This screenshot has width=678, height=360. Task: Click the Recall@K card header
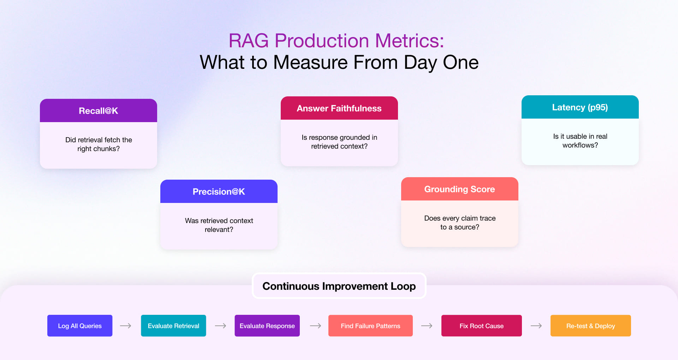(x=98, y=111)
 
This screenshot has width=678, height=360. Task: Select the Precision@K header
(x=219, y=192)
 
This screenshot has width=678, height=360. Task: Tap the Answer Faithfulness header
(x=339, y=108)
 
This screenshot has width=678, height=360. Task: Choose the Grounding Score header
(x=459, y=189)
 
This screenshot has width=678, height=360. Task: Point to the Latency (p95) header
(x=580, y=107)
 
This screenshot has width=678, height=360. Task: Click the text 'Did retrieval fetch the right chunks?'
(x=99, y=144)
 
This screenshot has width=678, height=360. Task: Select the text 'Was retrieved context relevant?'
(x=219, y=225)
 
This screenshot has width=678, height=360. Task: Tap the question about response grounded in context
(x=339, y=142)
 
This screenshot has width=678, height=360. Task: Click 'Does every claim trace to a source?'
(x=460, y=222)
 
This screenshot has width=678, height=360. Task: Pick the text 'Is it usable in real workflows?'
(x=580, y=140)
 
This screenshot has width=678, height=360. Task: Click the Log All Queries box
(x=80, y=326)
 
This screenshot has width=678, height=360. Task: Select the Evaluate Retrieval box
(x=173, y=326)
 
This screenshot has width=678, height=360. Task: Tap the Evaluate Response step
(x=267, y=326)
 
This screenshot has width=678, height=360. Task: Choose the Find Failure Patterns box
(x=370, y=326)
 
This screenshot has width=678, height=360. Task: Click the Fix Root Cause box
(x=481, y=326)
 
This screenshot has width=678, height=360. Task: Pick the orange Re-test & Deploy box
(x=590, y=326)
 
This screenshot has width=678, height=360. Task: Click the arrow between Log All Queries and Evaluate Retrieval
(x=126, y=326)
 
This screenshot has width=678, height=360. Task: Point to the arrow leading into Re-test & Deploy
(x=536, y=326)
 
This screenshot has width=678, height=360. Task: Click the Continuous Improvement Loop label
(x=339, y=286)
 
